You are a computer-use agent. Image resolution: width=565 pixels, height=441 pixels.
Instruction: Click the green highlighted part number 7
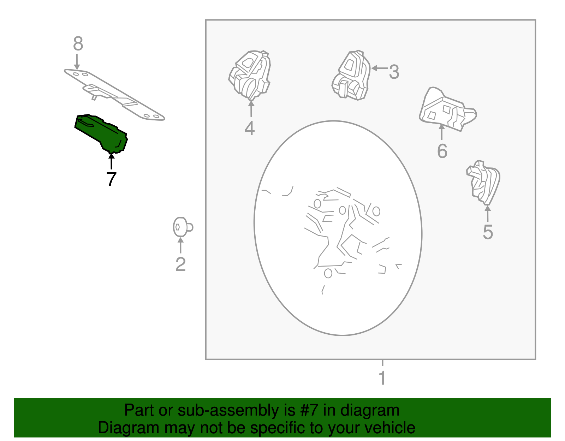(101, 133)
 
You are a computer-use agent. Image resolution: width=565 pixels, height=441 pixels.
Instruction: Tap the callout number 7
(111, 179)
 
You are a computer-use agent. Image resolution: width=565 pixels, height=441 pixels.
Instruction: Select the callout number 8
(78, 43)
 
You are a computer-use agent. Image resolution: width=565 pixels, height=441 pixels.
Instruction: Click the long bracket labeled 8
(114, 95)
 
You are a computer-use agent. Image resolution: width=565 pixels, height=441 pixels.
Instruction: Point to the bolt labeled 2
(183, 227)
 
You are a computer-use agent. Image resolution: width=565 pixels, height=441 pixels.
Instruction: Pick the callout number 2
(181, 264)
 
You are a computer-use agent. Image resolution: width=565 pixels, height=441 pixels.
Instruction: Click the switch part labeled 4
(250, 75)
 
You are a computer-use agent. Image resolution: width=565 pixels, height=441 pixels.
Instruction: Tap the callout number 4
(250, 128)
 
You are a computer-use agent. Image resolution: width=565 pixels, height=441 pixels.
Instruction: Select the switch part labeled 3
(351, 75)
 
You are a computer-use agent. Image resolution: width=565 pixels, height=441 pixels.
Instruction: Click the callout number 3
(394, 72)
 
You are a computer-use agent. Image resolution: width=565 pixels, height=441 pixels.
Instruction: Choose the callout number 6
(442, 151)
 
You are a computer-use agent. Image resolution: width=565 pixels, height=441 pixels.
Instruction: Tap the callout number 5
(488, 232)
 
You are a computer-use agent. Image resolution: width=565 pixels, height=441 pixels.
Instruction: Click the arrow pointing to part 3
(380, 68)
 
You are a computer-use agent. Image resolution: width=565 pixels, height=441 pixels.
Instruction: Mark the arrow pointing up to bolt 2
(180, 245)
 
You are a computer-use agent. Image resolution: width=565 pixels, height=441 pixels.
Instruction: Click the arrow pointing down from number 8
(77, 62)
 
